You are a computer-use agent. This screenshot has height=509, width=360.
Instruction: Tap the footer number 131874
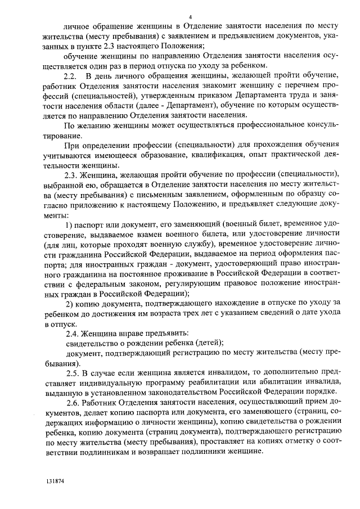pos(56,482)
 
